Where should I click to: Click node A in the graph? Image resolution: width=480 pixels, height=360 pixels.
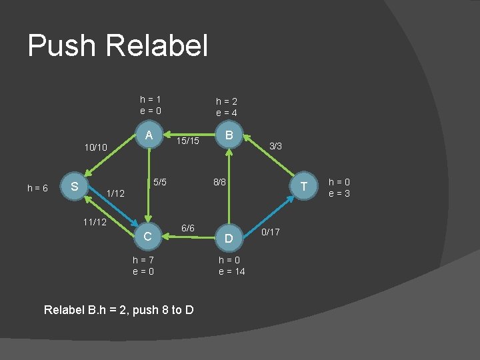[149, 135]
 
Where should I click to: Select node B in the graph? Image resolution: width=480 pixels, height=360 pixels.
[229, 135]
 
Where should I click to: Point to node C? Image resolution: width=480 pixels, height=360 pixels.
[149, 236]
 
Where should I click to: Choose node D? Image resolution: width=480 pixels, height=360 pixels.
[229, 238]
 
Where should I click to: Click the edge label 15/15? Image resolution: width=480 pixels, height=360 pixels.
[189, 141]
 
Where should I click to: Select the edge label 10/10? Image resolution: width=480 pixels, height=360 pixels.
[95, 146]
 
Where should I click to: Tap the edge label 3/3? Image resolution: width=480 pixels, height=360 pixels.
[275, 145]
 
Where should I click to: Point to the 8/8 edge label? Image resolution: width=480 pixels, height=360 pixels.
[220, 181]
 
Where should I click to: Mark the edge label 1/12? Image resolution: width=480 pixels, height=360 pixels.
[116, 193]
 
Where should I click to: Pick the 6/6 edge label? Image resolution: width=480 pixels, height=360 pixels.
[188, 228]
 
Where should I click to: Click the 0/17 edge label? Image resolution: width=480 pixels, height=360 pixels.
[271, 232]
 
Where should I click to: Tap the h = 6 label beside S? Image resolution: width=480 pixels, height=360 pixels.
[37, 189]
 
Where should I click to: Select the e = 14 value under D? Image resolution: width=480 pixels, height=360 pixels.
[232, 271]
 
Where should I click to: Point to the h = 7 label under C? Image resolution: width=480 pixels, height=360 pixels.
[144, 259]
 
